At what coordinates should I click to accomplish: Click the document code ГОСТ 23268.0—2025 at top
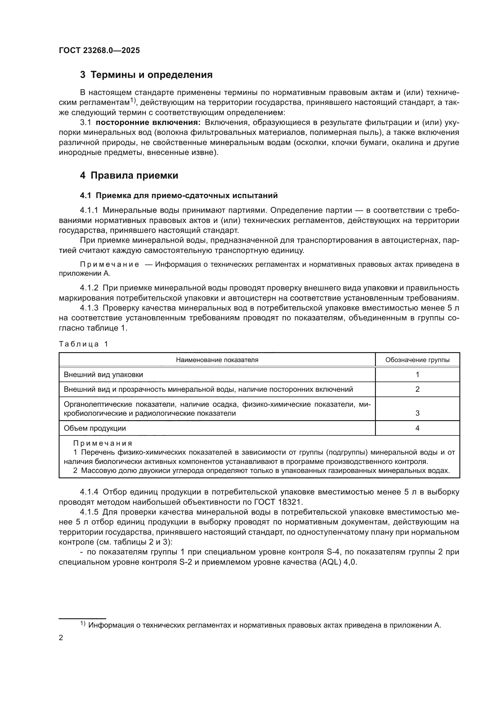click(x=99, y=50)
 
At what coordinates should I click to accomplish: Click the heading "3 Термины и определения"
click(x=146, y=75)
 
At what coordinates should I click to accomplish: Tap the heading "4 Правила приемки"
click(x=129, y=176)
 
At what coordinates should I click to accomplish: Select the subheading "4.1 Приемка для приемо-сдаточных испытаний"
click(x=179, y=195)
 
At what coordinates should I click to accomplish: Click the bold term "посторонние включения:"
click(x=148, y=123)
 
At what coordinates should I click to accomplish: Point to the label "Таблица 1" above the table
click(x=83, y=344)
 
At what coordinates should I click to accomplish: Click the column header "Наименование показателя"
click(x=217, y=360)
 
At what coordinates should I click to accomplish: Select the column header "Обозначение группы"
click(x=417, y=360)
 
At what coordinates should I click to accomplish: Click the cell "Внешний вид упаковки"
click(x=103, y=375)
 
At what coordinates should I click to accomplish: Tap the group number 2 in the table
click(x=417, y=389)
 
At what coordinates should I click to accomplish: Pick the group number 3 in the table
click(x=417, y=413)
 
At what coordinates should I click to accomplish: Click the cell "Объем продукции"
click(x=95, y=428)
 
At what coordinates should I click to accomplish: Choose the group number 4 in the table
click(x=417, y=428)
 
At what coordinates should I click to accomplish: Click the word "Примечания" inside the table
click(x=103, y=443)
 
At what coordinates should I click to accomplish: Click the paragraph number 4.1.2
click(x=89, y=288)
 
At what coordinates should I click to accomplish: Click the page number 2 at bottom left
click(x=61, y=638)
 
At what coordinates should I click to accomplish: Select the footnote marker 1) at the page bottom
click(x=83, y=623)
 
